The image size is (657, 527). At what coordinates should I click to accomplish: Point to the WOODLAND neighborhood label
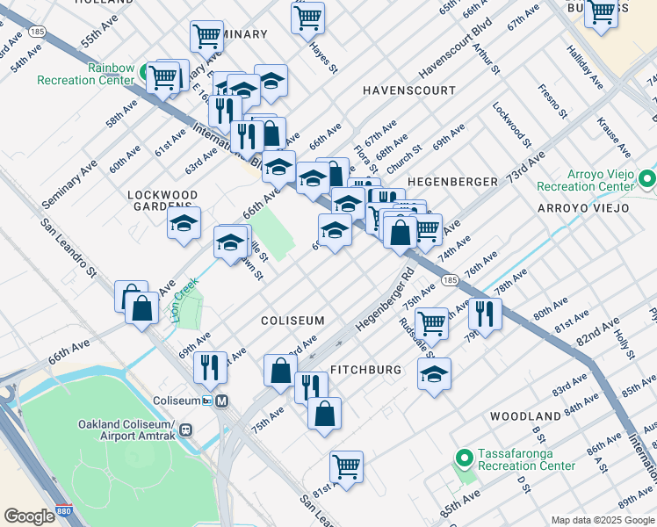525,415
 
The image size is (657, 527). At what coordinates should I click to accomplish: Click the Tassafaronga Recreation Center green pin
465,458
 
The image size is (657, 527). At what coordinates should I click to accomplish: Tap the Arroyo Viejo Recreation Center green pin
647,180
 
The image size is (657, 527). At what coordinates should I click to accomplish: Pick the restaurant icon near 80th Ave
484,313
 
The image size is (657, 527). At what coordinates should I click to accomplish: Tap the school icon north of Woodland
434,373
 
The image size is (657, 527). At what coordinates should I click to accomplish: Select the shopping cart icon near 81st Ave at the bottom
347,467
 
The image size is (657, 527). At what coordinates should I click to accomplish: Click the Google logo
29,516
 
